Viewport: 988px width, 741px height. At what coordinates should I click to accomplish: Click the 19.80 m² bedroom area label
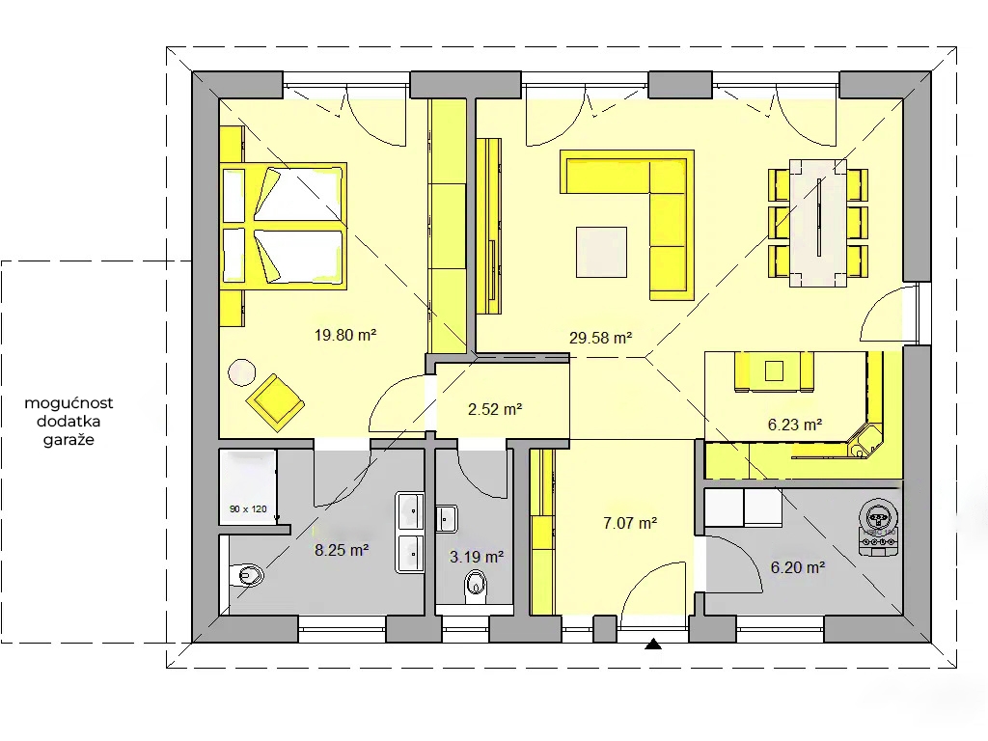point(345,335)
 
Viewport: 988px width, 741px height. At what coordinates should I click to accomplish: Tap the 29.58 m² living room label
point(600,338)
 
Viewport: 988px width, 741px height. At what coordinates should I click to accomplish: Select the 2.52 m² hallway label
point(495,409)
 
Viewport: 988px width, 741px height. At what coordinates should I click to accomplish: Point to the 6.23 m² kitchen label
point(795,425)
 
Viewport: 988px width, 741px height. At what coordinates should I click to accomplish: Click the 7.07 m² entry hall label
point(630,523)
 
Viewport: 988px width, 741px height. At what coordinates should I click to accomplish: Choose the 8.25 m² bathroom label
point(342,550)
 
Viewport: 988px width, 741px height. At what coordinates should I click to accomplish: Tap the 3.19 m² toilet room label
point(477,557)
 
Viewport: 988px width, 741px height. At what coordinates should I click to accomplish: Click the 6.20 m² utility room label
point(798,567)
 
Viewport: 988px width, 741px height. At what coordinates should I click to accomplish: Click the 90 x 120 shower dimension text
point(248,509)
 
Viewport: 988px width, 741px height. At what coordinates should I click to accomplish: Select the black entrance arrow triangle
point(653,644)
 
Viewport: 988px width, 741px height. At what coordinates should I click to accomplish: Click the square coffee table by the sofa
point(601,252)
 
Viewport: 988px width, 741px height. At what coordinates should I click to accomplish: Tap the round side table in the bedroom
point(241,372)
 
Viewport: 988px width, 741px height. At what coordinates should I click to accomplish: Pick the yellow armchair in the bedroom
point(275,402)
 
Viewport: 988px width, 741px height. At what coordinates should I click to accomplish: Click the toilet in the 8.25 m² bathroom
point(246,575)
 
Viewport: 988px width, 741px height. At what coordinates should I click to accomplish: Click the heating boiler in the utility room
point(878,527)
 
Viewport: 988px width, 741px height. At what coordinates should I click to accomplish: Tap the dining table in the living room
point(818,223)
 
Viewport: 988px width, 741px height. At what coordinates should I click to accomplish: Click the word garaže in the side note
point(69,440)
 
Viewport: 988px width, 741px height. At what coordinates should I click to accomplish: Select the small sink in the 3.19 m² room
point(446,518)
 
